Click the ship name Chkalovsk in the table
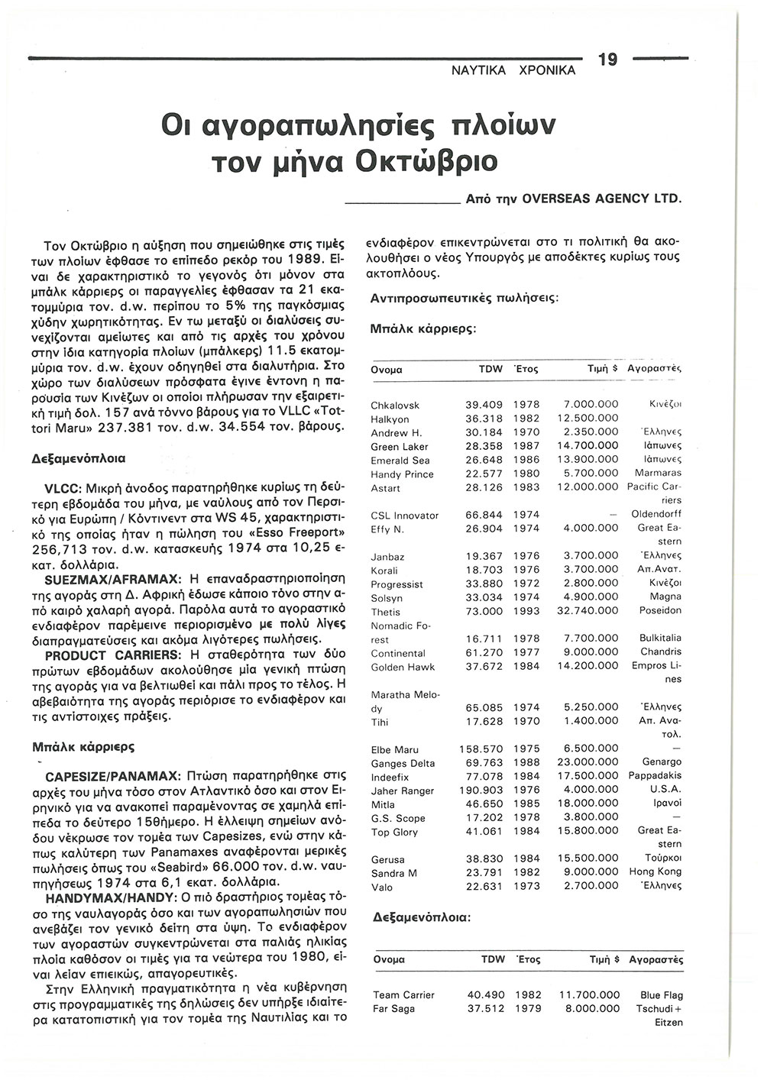pos(395,405)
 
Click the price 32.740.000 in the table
pos(590,612)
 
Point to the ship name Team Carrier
pos(403,995)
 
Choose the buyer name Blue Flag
pos(662,995)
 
